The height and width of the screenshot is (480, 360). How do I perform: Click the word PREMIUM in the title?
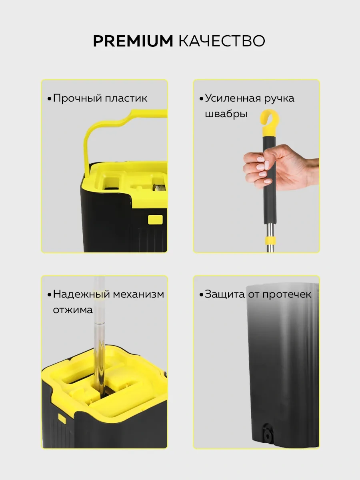tap(133, 41)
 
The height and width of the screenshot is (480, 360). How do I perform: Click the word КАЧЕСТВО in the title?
tap(222, 41)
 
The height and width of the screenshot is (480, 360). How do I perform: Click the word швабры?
tap(226, 114)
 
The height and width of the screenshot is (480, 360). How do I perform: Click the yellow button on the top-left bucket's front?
tap(155, 219)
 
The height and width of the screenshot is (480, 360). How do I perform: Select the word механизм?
tap(138, 294)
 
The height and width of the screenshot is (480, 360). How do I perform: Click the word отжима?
tap(73, 310)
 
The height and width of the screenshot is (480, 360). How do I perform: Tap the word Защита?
tap(224, 294)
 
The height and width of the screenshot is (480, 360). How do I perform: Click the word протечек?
tap(287, 294)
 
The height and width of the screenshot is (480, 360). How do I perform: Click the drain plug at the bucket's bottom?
tap(266, 435)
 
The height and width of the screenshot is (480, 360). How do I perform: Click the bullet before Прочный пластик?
tap(49, 99)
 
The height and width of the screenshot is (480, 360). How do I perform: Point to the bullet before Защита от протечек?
tap(201, 295)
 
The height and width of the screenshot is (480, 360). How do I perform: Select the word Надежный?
tap(81, 294)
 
